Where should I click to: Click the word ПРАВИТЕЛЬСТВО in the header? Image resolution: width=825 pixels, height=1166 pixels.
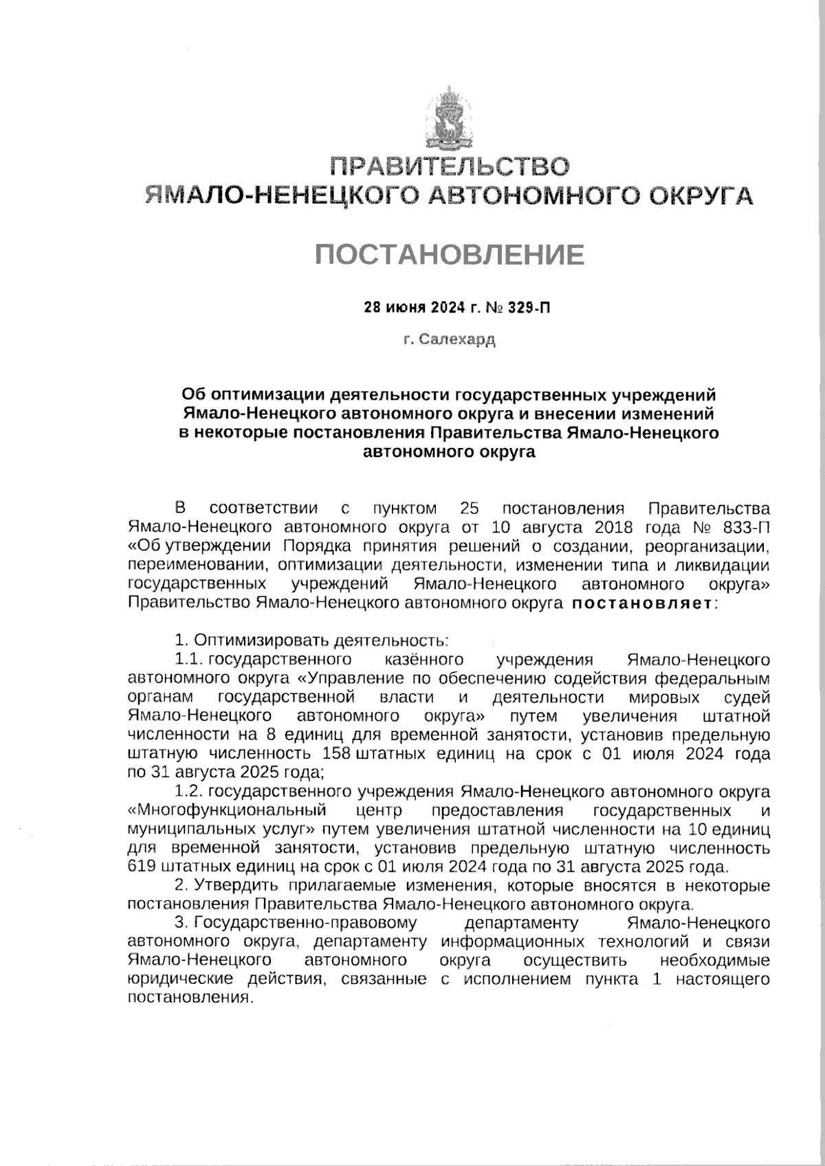(x=449, y=167)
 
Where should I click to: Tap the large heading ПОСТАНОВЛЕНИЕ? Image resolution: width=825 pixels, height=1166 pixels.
(x=450, y=255)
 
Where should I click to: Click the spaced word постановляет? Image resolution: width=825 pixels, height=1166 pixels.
(x=642, y=605)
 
